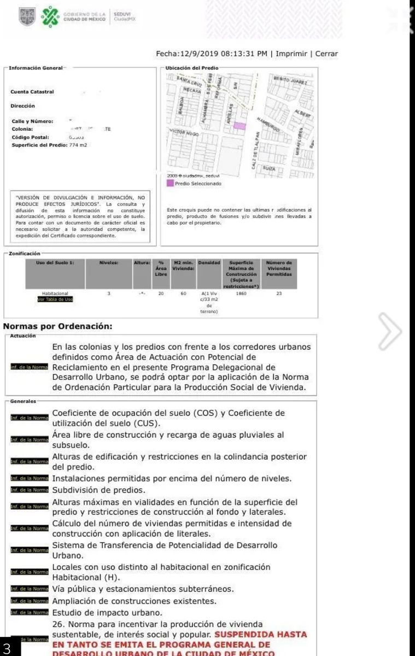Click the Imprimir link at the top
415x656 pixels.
click(292, 54)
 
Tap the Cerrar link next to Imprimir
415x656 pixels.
click(326, 54)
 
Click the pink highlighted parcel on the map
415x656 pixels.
click(239, 126)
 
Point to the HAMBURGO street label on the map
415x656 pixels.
click(268, 125)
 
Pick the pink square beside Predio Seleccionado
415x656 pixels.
click(171, 184)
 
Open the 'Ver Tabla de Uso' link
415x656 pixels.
click(55, 299)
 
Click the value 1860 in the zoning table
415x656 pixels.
click(241, 294)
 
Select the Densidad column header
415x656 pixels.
click(208, 263)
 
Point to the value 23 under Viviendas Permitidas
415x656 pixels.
click(279, 294)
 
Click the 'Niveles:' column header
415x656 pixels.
click(109, 263)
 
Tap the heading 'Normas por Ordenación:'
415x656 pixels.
click(57, 326)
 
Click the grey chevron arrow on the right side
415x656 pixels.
click(391, 331)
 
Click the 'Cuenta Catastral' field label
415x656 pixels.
click(32, 92)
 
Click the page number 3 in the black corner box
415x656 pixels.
click(8, 648)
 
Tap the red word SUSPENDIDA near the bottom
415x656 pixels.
click(239, 634)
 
